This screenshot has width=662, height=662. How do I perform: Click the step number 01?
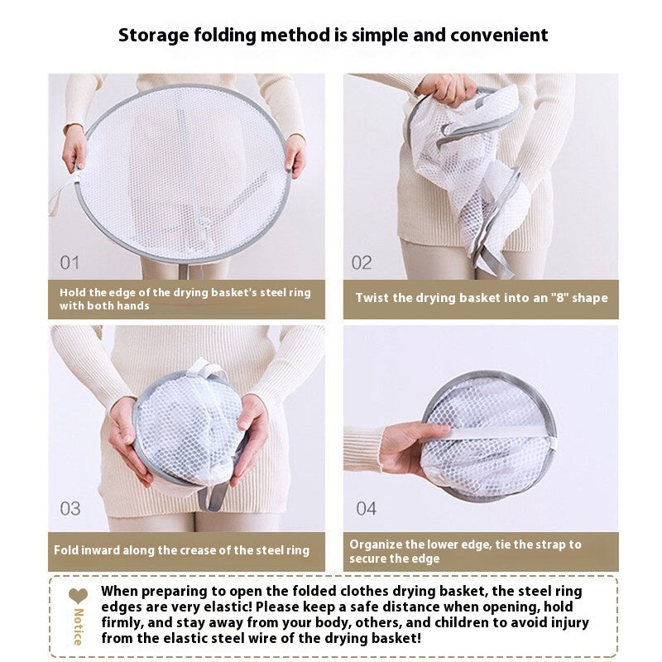pos(70,262)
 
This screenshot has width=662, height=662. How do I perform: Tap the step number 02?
pos(362,262)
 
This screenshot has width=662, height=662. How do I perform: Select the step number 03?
pos(70,509)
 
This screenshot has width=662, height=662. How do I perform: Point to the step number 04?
pos(366,509)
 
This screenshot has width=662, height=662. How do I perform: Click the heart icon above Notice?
pos(78,596)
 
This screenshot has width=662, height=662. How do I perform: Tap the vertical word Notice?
pos(78,627)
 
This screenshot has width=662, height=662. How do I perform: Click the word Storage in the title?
pos(153,36)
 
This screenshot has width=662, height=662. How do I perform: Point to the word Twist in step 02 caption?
pos(372,298)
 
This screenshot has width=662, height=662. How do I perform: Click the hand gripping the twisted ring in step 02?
pos(449,89)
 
